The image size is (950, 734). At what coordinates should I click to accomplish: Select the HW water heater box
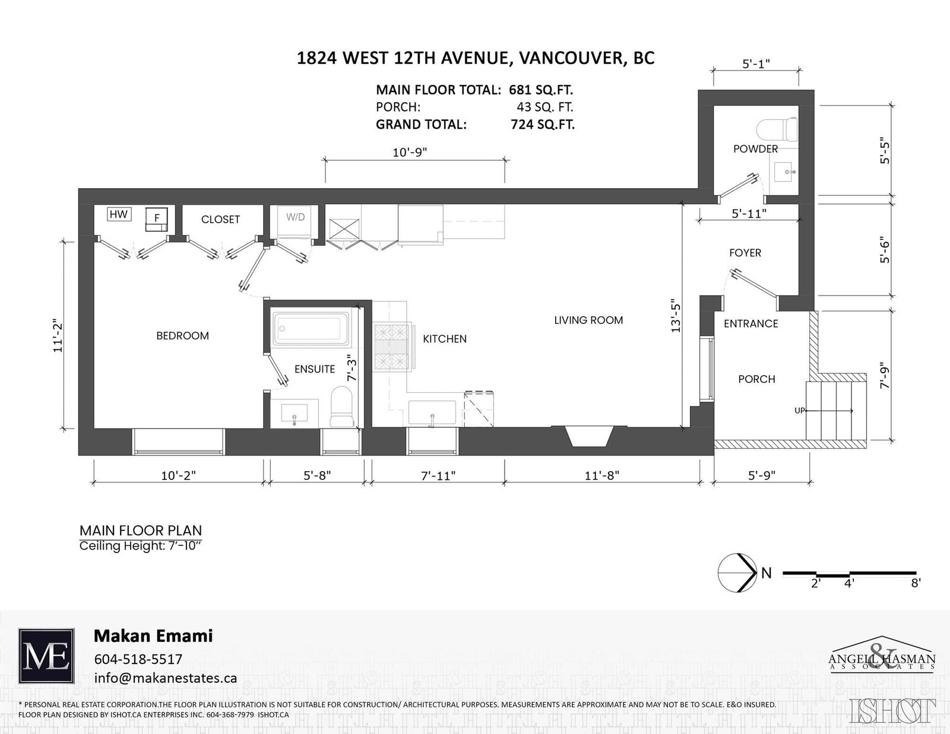119,214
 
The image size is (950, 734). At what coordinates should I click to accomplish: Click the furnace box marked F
157,219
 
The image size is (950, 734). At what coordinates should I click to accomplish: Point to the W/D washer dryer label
296,217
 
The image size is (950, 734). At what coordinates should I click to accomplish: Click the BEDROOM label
183,335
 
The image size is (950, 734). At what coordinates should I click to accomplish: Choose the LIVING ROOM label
588,320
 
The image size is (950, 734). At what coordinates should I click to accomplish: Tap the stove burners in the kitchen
392,347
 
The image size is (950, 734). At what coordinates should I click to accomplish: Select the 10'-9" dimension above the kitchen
410,152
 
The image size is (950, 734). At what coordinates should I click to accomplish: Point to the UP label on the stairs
799,411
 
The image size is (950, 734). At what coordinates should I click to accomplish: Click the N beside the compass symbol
767,573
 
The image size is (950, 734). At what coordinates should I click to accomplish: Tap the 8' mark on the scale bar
916,583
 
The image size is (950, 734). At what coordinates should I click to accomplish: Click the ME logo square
46,656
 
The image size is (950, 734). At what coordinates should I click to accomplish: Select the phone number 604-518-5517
138,659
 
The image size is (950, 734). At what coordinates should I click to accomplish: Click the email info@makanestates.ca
166,678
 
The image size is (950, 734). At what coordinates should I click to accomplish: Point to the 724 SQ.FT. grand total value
543,125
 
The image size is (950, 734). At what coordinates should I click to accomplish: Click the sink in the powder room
786,171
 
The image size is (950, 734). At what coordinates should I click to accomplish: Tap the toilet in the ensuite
342,407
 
